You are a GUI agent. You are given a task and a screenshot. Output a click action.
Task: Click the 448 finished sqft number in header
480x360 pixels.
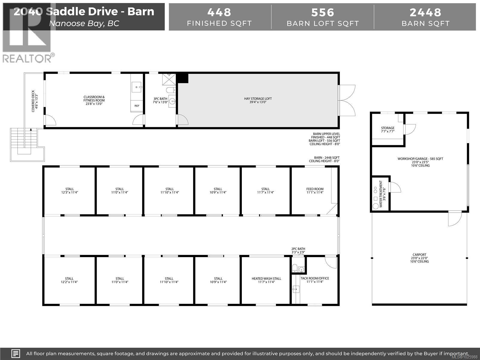219,12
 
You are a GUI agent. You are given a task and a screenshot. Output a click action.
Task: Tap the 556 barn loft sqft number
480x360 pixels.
322,12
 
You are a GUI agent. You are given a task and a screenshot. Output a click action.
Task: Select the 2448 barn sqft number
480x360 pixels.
425,12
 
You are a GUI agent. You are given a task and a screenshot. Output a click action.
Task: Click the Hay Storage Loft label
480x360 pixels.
258,100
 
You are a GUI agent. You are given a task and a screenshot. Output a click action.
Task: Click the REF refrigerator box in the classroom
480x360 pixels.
137,106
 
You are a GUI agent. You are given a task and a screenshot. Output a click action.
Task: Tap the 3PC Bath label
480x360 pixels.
160,100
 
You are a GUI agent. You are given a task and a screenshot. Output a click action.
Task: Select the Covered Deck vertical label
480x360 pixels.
34,101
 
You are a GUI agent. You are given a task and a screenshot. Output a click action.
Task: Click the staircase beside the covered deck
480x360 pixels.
24,141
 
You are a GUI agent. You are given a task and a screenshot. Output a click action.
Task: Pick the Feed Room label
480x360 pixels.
315,191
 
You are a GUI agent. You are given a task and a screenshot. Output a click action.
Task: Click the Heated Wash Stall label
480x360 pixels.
266,280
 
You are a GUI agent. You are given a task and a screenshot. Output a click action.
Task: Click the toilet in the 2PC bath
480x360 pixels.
295,268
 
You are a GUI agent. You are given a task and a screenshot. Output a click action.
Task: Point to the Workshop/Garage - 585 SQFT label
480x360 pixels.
420,162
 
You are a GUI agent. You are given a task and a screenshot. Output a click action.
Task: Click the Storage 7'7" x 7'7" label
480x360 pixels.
388,130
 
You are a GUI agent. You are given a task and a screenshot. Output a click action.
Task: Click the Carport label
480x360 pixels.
419,258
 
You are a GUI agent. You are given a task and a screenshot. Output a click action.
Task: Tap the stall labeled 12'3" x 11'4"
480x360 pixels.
70,191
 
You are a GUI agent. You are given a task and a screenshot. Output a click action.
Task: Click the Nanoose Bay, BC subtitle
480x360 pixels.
84,23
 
